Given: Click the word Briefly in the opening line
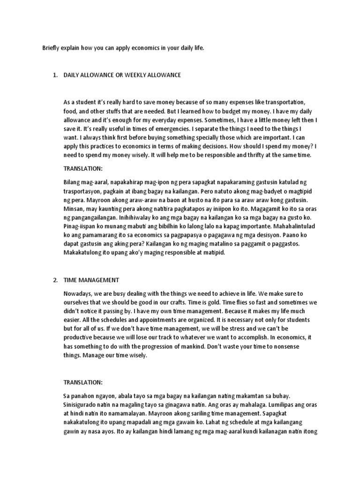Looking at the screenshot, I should [52, 48].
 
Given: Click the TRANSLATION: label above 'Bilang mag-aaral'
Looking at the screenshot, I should [82, 168].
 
